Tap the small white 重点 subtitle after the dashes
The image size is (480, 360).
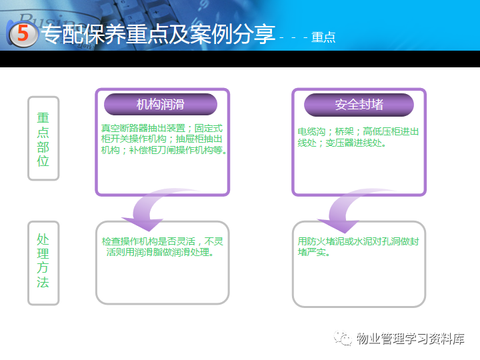point(323,37)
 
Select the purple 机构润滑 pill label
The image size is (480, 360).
point(161,105)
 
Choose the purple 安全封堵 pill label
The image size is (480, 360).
point(359,105)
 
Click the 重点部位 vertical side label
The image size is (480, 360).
point(43,139)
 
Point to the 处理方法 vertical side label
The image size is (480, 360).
point(43,261)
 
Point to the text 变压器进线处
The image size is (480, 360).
point(360,143)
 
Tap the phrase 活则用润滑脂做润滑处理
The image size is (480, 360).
point(159,253)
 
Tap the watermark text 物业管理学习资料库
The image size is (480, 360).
point(410,339)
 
